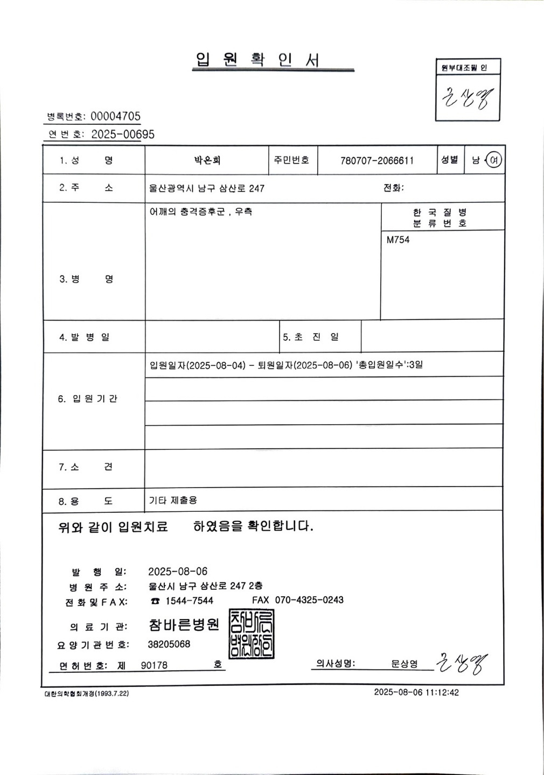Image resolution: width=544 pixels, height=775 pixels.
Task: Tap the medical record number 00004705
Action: [x=115, y=116]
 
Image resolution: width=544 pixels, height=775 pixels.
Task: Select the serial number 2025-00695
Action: [x=123, y=135]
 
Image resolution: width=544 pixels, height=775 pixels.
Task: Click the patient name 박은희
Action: [x=207, y=160]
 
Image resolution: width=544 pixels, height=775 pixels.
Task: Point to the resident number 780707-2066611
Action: [x=377, y=160]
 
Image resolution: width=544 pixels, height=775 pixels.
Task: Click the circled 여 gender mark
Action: [x=494, y=160]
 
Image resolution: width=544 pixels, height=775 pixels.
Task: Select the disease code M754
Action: [x=398, y=240]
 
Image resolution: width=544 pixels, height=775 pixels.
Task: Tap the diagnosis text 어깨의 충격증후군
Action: [x=186, y=212]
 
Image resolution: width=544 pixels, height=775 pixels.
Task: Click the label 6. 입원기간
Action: [x=87, y=399]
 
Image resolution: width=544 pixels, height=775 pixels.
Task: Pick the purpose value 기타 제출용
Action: [x=173, y=500]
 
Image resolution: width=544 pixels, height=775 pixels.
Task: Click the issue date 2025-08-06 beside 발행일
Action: [x=178, y=572]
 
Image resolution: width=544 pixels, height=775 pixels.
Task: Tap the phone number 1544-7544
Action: [x=189, y=601]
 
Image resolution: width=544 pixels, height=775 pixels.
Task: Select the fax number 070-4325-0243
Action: [x=309, y=600]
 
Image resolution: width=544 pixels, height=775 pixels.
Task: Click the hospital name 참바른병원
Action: [x=184, y=625]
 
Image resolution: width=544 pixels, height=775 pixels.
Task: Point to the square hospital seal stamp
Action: [x=251, y=634]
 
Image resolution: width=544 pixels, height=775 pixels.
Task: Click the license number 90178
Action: [x=154, y=666]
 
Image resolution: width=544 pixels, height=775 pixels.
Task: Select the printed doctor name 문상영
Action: [x=404, y=664]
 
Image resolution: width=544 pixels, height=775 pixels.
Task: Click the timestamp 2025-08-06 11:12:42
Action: [x=416, y=693]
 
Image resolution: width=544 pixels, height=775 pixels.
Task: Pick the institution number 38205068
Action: [x=169, y=644]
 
